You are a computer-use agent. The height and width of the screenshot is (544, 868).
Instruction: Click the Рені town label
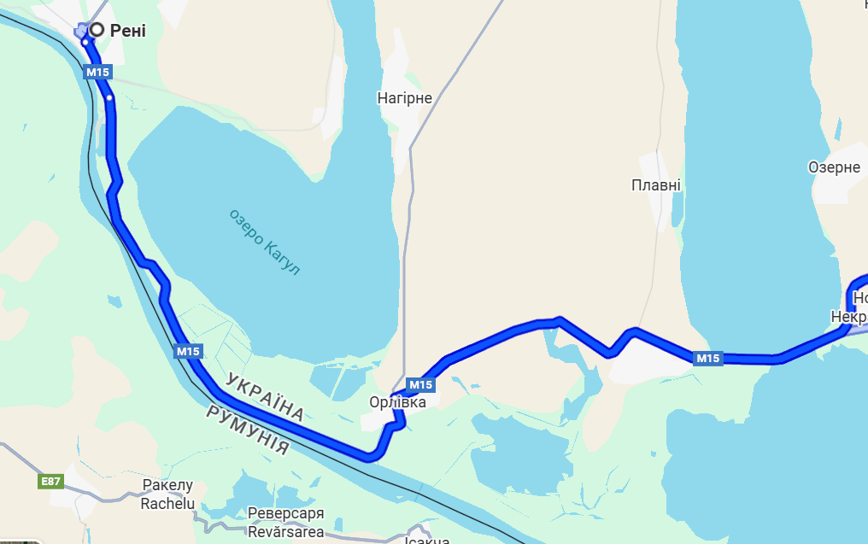tap(128, 31)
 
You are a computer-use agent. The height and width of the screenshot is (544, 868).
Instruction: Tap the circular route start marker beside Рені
tap(97, 30)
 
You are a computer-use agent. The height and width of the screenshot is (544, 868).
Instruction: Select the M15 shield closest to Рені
tap(97, 73)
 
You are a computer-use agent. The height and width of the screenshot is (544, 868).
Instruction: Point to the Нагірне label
tap(405, 98)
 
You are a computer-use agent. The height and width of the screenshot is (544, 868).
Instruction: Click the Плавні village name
tap(656, 185)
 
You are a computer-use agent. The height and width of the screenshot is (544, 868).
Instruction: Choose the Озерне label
tap(834, 167)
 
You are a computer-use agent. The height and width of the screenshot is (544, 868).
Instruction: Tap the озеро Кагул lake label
tap(265, 242)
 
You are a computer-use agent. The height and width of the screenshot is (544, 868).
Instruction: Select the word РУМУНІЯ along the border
tap(247, 429)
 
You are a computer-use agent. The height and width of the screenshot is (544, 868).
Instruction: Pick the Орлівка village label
tap(391, 401)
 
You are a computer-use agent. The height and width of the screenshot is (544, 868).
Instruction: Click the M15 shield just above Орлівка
tap(420, 383)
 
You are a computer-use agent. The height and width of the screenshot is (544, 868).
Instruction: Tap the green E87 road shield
tap(51, 482)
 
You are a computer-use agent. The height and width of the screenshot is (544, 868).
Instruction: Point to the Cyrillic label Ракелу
tap(167, 487)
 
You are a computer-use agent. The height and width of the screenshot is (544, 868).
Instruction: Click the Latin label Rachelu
tap(167, 504)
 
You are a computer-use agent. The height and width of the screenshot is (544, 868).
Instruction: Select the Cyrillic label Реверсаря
tap(286, 514)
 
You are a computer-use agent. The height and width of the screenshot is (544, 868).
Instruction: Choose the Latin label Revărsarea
tap(286, 532)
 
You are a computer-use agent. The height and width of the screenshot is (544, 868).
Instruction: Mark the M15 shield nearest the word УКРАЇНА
tap(188, 351)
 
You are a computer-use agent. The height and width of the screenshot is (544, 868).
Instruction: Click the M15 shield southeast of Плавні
tap(707, 359)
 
